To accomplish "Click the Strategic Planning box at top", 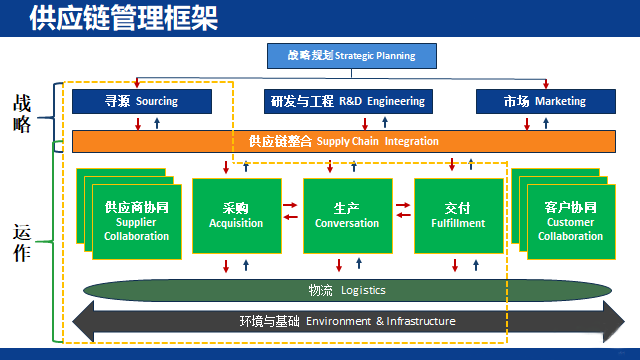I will (x=340, y=56).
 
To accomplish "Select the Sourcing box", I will (x=142, y=101).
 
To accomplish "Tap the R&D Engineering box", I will (x=347, y=101).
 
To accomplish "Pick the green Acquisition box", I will (x=235, y=216).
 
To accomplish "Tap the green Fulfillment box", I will (x=457, y=216).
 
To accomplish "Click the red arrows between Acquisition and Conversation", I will (x=291, y=210).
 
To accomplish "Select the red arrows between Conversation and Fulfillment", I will (x=402, y=210).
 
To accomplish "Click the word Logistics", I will (x=363, y=290).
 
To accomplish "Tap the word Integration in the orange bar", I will (x=412, y=141).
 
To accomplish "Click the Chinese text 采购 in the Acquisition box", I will (x=235, y=208).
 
